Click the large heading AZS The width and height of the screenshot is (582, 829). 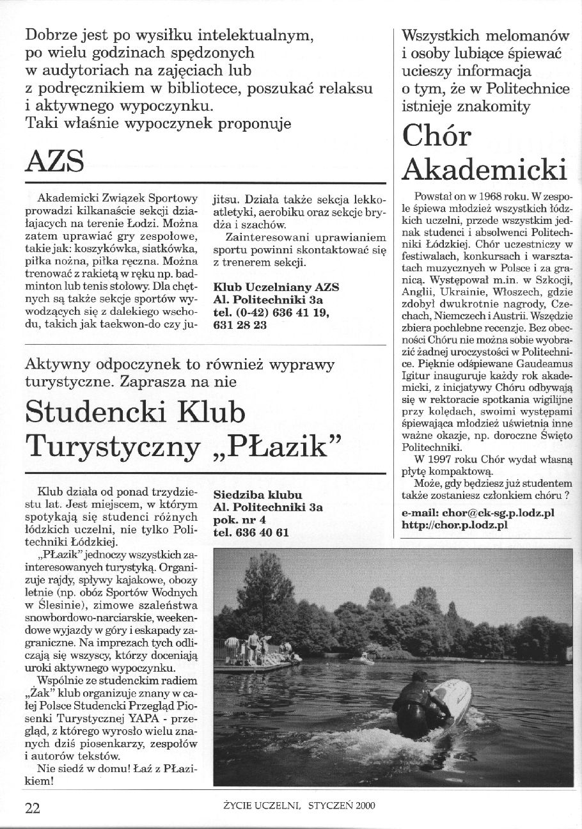54,161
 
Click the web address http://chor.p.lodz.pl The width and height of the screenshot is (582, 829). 455,525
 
